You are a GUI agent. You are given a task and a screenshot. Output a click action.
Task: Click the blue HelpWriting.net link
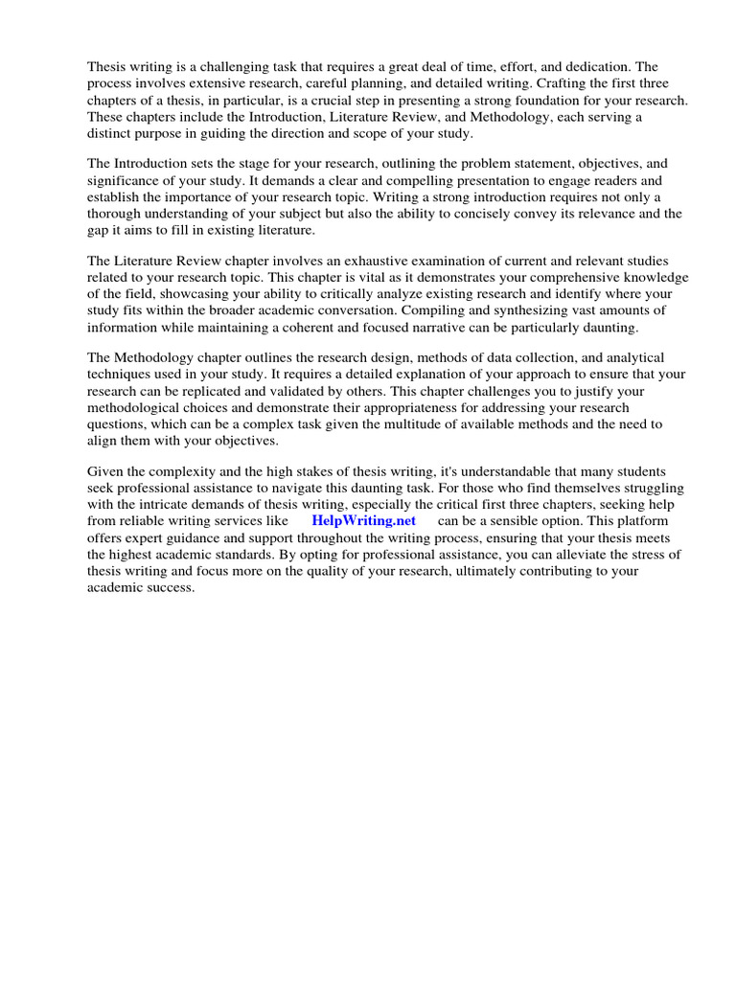(x=363, y=520)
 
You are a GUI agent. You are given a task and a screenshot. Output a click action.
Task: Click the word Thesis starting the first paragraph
(x=108, y=67)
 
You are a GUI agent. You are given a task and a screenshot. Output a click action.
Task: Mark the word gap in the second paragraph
(x=99, y=231)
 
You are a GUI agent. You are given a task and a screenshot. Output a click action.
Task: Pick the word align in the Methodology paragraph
(x=102, y=440)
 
